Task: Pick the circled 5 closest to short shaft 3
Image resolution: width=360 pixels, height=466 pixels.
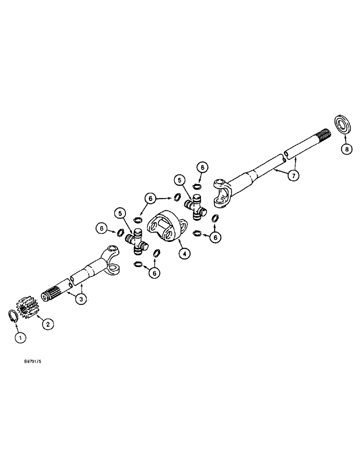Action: pyautogui.click(x=120, y=215)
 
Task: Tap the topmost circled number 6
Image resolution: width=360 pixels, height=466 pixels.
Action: pyautogui.click(x=201, y=167)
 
